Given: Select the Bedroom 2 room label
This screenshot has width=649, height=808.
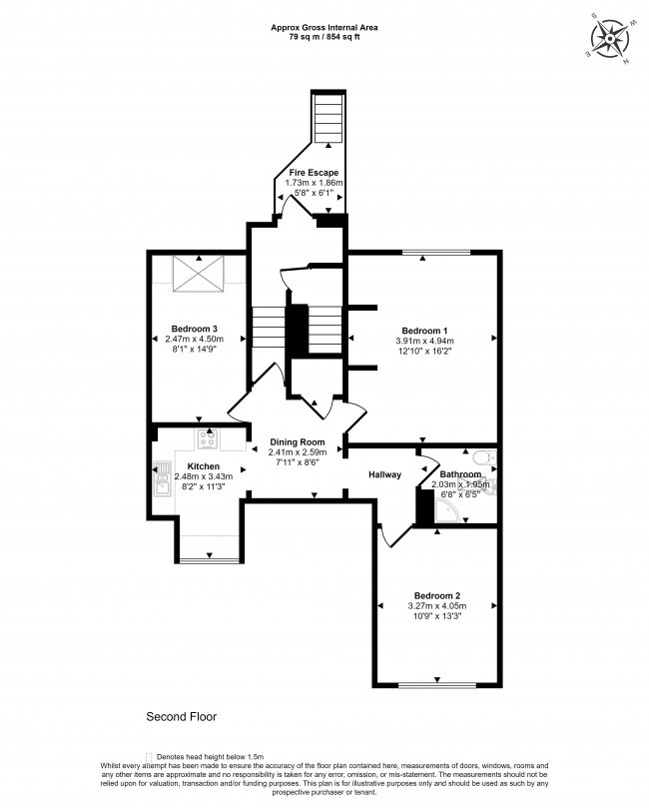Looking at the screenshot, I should pos(435,594).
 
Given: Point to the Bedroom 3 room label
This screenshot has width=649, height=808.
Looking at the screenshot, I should pos(195,329).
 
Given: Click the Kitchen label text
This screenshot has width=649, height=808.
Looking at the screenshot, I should pos(204,466).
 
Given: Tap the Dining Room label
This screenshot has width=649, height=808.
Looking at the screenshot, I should pos(298,441).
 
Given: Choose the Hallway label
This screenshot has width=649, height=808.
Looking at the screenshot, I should pos(384,474).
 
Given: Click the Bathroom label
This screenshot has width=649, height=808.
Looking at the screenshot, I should pos(460,474).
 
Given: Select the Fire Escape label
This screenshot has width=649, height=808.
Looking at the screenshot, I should pos(314,173).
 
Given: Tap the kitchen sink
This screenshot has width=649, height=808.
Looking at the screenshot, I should pos(162,482).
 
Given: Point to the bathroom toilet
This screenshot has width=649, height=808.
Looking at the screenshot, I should pos(482,457).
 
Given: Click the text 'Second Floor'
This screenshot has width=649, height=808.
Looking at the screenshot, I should pos(182,716).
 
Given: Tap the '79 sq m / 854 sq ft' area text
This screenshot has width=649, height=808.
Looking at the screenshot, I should pos(324,36).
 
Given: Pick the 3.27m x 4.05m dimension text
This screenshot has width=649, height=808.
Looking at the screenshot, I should pos(435,605).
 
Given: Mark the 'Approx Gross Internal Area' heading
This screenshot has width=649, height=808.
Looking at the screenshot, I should pos(324,26).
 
